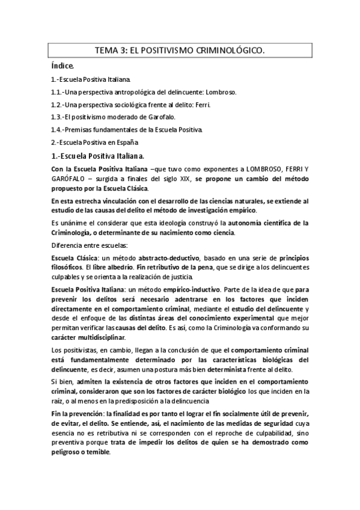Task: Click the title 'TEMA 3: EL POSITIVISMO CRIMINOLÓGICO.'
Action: [180, 52]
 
